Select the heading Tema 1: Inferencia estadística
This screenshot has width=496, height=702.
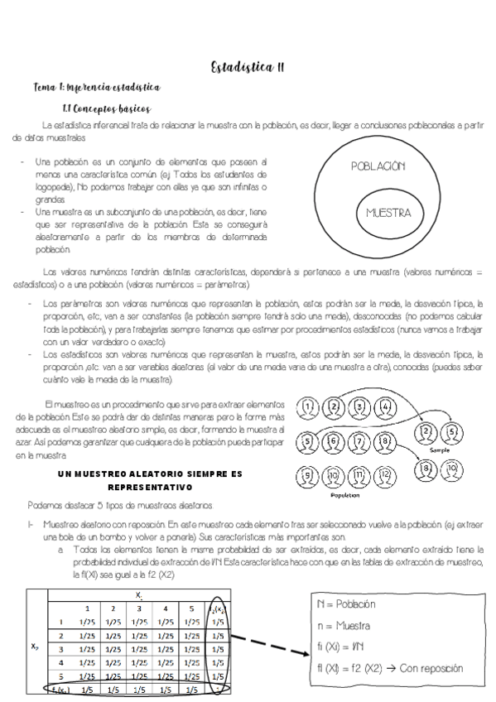point(97,87)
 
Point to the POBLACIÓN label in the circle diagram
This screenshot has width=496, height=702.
point(378,166)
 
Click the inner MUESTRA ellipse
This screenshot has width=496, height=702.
point(388,213)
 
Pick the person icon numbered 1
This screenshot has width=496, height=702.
point(308,407)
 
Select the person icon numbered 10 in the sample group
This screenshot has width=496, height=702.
point(452,469)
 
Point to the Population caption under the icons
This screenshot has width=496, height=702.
point(344,497)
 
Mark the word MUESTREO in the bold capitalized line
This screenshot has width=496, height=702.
point(102,474)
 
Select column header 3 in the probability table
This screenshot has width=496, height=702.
point(139,609)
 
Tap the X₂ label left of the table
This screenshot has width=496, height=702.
point(34,648)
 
